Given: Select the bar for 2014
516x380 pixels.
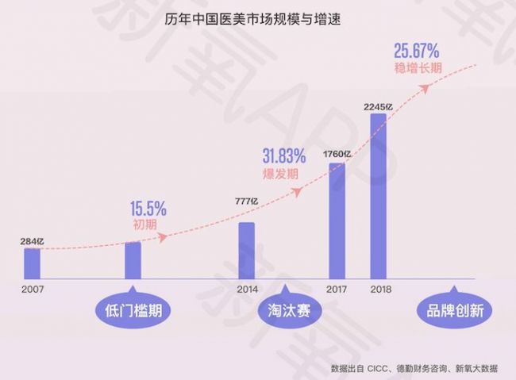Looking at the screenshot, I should [247, 250].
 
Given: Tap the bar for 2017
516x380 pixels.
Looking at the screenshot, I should [337, 221].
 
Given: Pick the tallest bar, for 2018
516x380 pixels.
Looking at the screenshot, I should [378, 196].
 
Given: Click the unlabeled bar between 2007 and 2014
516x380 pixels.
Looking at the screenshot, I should [133, 259].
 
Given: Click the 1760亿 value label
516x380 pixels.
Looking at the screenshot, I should [337, 154].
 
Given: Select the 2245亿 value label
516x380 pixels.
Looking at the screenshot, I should [378, 106].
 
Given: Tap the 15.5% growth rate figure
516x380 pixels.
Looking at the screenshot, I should [149, 209].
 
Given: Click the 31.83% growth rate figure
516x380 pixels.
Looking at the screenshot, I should [283, 155].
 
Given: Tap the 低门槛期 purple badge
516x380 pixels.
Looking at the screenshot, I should [133, 309].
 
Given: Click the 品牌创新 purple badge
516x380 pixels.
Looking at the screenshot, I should [449, 309].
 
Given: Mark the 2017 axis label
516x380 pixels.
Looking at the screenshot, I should [337, 289].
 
